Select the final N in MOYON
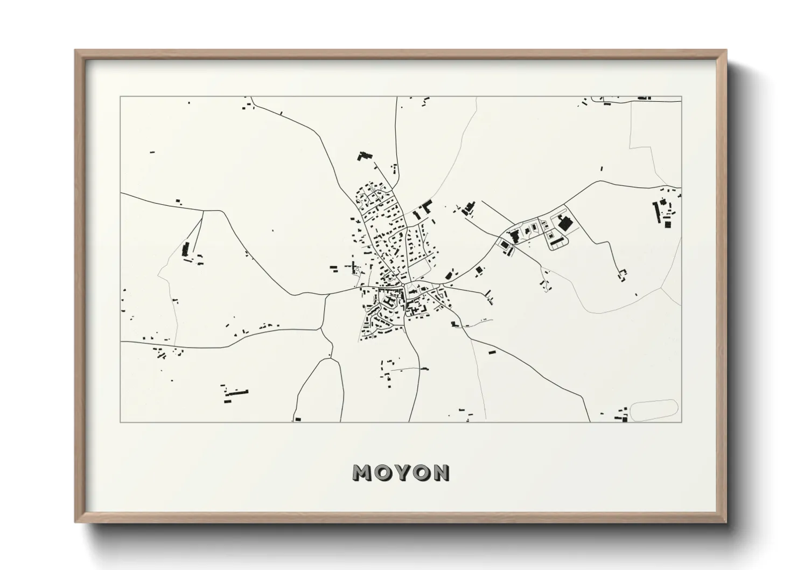pos(441,473)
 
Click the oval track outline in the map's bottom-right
pos(653,410)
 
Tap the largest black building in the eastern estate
pos(565,222)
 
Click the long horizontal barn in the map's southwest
pos(237,393)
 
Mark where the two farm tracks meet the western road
pos(203,211)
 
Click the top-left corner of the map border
pos(120,97)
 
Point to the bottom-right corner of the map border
pos(681,422)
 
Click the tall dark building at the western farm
pos(186,249)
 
